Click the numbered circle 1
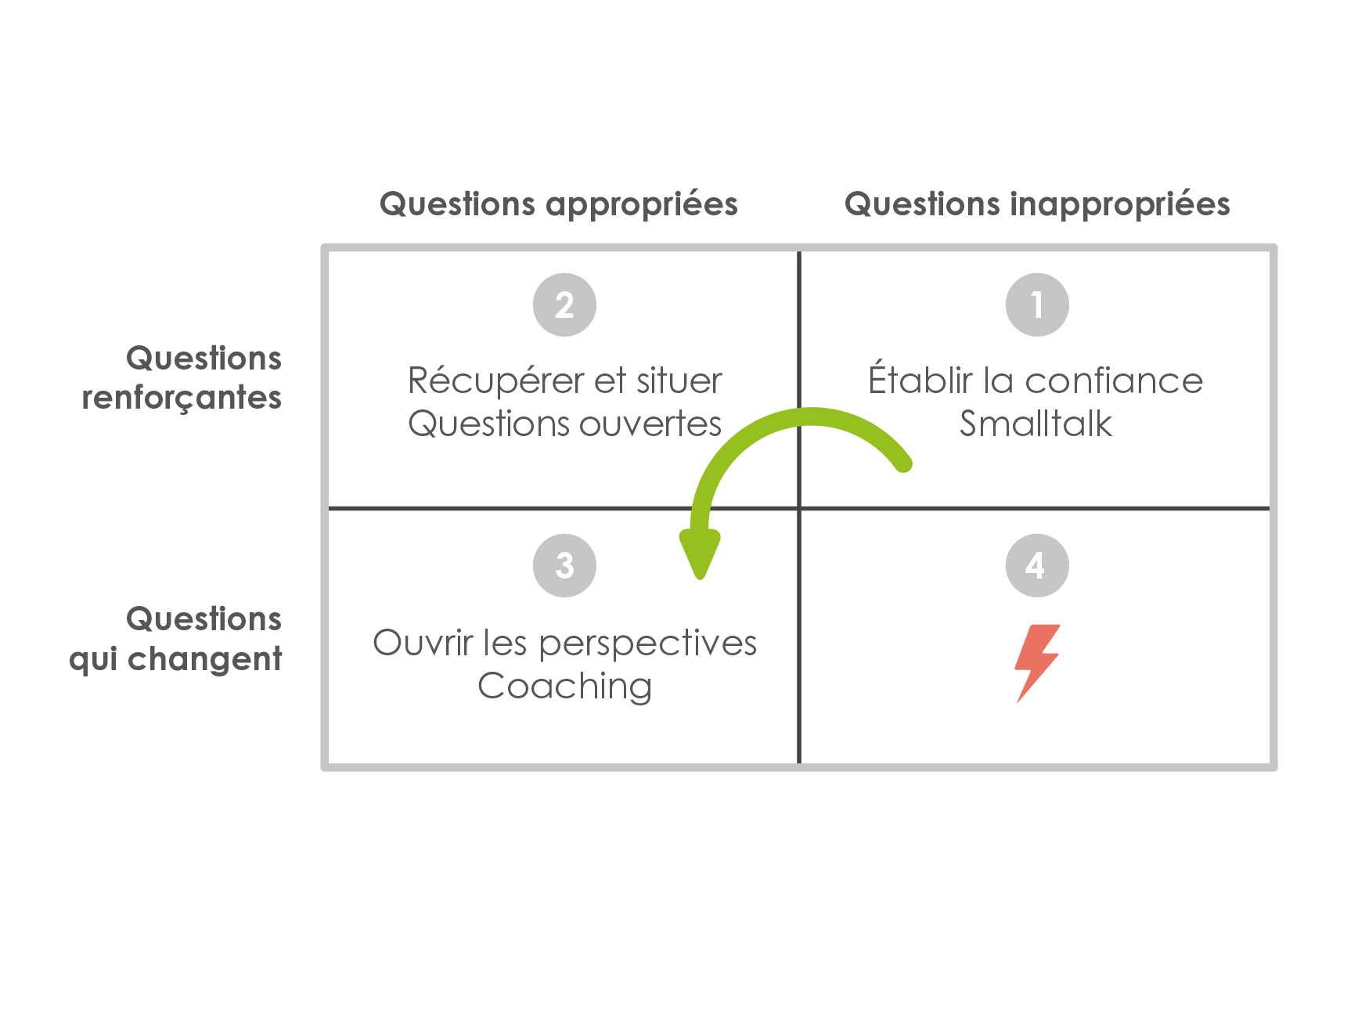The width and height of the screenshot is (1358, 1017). coord(1037,305)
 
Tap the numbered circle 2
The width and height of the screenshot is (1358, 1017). coord(564,305)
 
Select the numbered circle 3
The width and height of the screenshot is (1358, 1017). coord(564,565)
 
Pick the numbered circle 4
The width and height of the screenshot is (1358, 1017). coord(1037,565)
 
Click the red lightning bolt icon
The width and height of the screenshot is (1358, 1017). coord(1037,662)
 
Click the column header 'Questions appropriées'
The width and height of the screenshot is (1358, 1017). coord(559,204)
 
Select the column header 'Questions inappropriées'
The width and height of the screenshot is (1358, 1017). coord(1037,204)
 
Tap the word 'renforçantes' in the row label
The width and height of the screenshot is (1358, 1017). coord(182,398)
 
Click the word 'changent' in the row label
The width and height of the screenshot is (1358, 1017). coord(205,658)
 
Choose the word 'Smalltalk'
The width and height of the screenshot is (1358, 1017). coord(1036,424)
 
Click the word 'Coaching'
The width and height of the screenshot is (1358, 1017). coord(564,686)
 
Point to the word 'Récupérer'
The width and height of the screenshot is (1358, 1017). coord(496,381)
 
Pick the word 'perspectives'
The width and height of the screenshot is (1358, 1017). coord(648,644)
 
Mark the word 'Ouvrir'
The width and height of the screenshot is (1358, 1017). coord(423,643)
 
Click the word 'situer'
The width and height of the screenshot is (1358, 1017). coord(679,381)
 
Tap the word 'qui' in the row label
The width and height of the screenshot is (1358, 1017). coord(93,660)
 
